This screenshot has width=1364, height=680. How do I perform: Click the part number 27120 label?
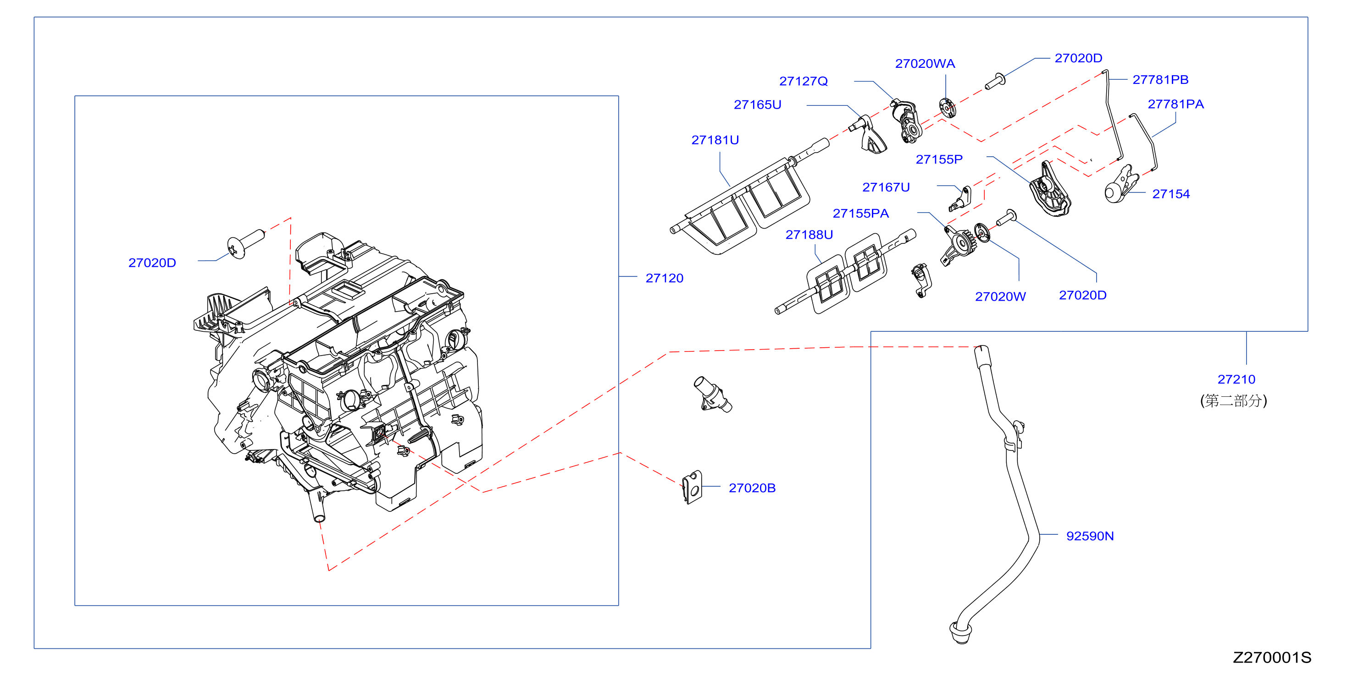[664, 278]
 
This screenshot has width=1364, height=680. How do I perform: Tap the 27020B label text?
[752, 488]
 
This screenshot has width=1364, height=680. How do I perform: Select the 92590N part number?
[1090, 536]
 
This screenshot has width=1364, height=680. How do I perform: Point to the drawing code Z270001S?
[1272, 657]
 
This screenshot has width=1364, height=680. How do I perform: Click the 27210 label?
[1236, 379]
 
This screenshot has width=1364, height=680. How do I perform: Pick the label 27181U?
[715, 140]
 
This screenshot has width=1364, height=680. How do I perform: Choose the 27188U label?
[809, 235]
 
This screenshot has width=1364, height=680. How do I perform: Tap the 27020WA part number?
[925, 64]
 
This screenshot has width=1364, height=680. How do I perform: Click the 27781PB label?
[1160, 79]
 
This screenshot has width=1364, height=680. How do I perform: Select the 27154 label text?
[1171, 194]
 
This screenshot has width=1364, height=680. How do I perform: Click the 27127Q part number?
[803, 81]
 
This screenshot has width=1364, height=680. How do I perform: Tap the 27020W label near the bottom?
[1000, 296]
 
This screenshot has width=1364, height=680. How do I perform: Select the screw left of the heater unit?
[245, 244]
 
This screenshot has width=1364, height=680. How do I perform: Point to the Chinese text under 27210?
[1233, 400]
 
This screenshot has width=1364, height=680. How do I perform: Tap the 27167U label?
[886, 187]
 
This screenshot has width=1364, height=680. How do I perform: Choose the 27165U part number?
[757, 104]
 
